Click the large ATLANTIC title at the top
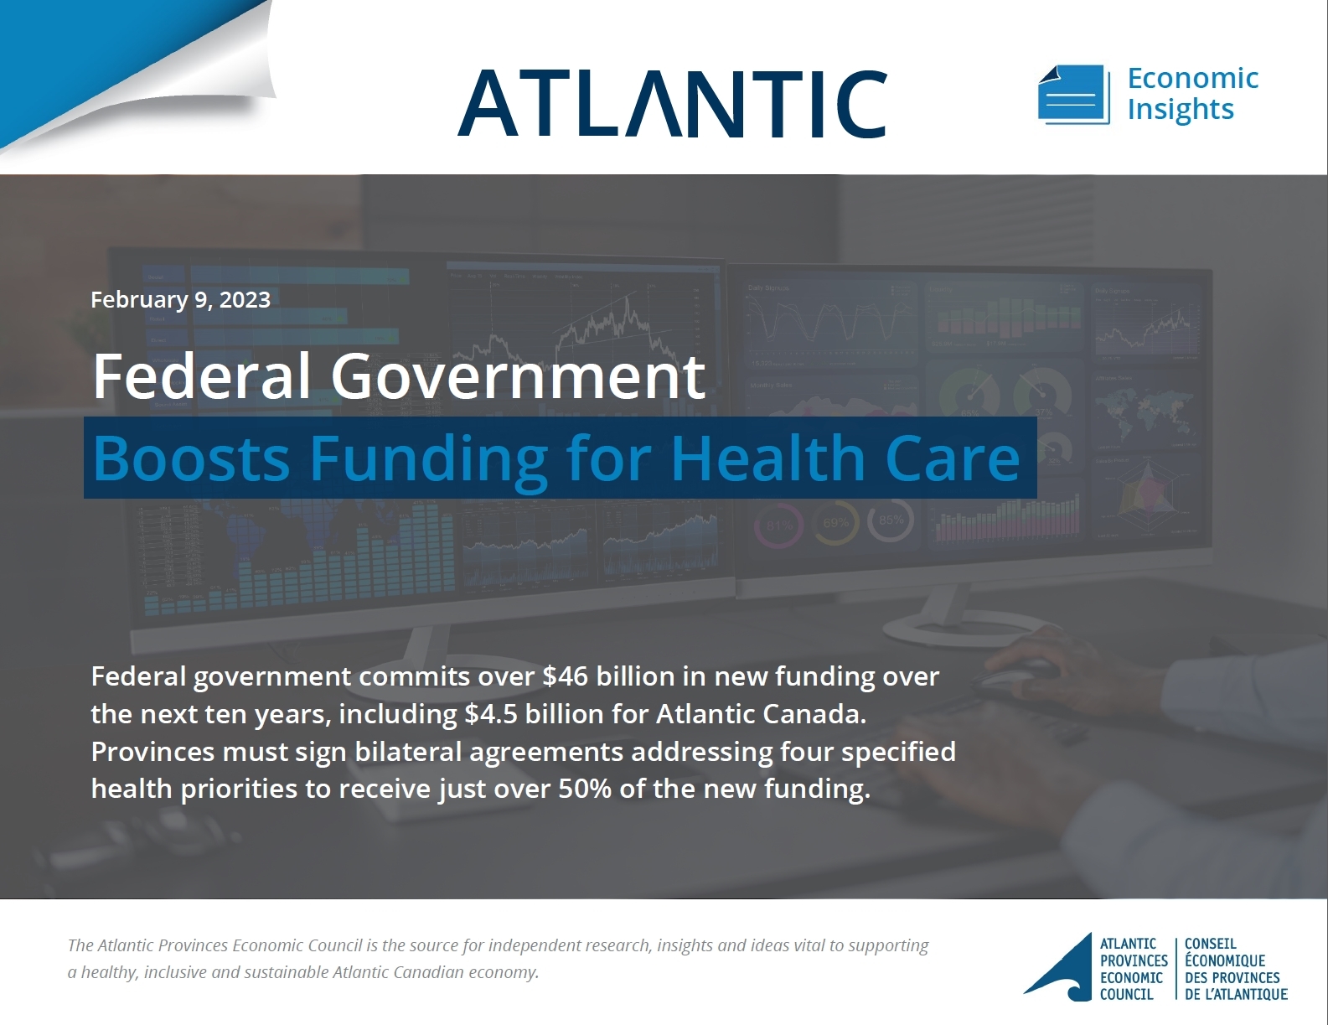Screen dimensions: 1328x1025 click(672, 103)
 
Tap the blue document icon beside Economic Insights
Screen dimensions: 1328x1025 click(1074, 94)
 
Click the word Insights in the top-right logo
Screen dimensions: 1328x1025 click(1180, 110)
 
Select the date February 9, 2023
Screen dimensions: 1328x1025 click(180, 299)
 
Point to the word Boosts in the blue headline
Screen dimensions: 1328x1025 click(191, 458)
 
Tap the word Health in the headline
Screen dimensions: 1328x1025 click(767, 458)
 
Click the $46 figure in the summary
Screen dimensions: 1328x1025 click(565, 676)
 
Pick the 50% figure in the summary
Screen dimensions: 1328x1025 click(584, 789)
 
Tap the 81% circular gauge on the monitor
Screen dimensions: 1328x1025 click(778, 525)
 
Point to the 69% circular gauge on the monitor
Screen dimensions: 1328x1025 click(835, 523)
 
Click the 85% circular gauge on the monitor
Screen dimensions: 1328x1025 click(891, 520)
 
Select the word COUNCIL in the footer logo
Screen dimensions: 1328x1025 click(1126, 995)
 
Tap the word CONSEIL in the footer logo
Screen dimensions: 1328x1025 click(1211, 944)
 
